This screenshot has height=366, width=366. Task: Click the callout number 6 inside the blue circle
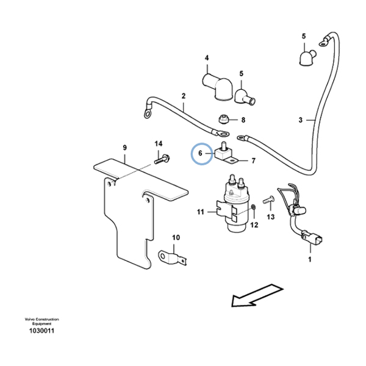(200, 153)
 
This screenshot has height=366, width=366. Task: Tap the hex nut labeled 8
(223, 119)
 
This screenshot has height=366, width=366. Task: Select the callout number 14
(159, 144)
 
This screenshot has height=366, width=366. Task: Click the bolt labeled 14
(162, 159)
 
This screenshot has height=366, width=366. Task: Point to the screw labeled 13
(268, 200)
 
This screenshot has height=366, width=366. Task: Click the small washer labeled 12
(254, 207)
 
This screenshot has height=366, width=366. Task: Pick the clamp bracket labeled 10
(173, 257)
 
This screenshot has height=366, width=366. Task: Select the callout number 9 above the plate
(124, 148)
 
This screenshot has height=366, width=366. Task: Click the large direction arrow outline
(257, 295)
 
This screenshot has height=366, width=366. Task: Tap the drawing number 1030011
(41, 331)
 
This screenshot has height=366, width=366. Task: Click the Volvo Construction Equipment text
(41, 321)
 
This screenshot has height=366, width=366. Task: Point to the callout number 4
(207, 58)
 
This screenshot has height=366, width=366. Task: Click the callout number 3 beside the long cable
(300, 120)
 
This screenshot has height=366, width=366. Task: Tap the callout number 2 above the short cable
(184, 96)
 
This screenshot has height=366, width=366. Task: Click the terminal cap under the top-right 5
(307, 58)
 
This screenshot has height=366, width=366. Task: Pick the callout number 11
(201, 212)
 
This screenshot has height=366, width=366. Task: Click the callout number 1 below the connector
(310, 259)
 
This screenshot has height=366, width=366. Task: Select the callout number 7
(254, 161)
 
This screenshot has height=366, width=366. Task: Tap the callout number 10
(176, 238)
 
